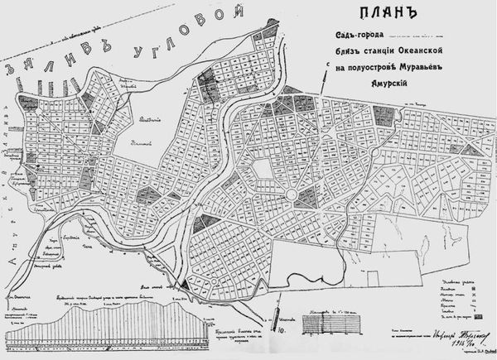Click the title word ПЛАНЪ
383,15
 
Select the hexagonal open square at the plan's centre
263,171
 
